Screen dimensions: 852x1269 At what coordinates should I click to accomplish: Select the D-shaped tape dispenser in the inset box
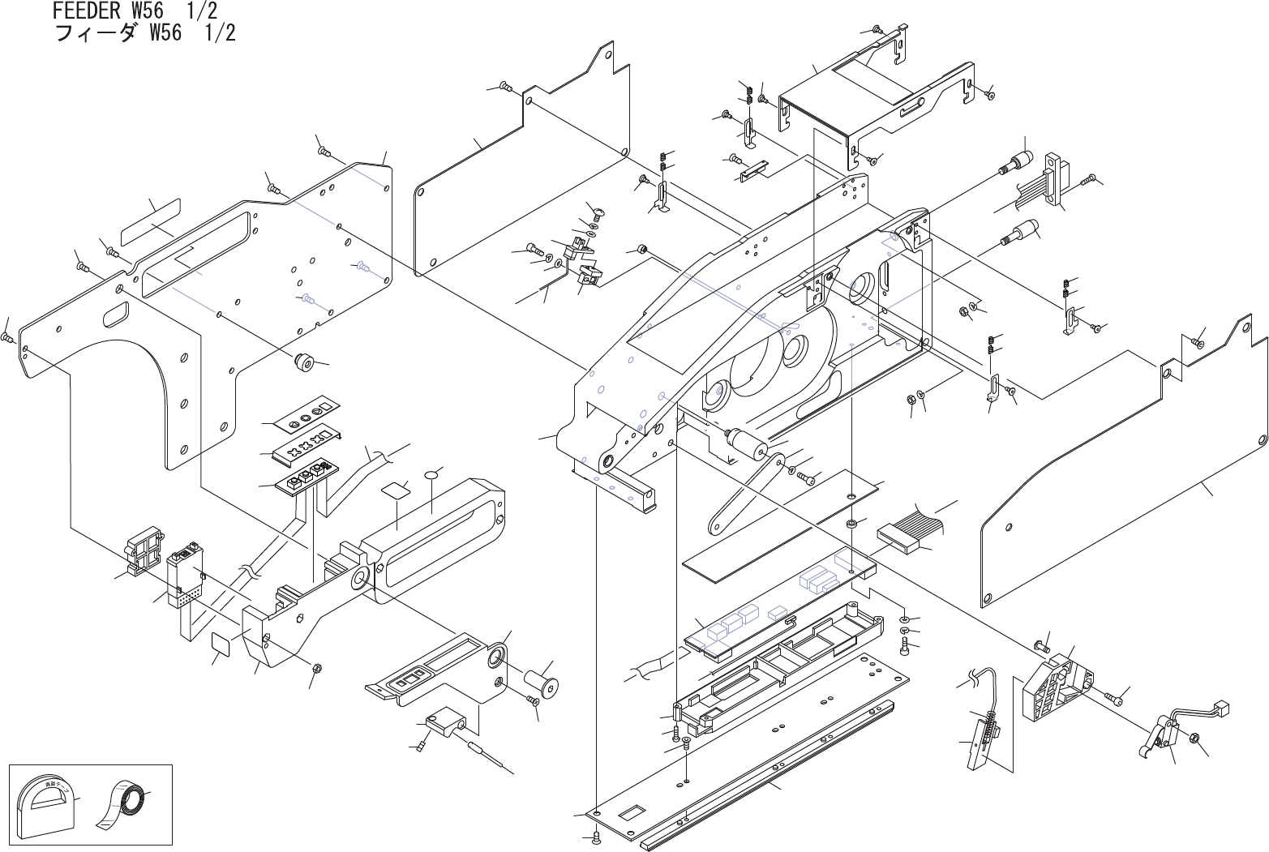pos(47,807)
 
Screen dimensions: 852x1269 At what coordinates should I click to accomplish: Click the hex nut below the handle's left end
pos(318,668)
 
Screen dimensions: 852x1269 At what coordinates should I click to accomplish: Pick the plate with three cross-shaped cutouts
pos(307,446)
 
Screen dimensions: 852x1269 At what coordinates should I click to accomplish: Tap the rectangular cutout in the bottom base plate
pos(630,811)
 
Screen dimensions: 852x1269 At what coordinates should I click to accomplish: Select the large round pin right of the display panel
pos(541,680)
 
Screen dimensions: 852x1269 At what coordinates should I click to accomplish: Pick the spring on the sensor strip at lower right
pos(989,721)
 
